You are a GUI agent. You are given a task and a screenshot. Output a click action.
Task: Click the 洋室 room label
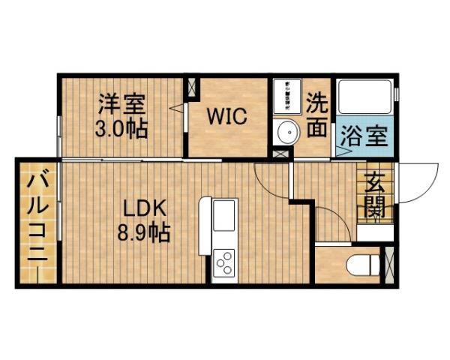[121, 103]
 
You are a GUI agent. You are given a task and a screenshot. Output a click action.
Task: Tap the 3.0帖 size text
[121, 127]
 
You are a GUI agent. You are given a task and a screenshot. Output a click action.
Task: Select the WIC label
[227, 117]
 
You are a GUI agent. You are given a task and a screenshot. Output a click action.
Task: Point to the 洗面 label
[318, 114]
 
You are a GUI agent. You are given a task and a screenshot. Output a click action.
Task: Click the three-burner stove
[225, 262]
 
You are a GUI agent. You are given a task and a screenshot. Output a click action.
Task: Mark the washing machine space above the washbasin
[286, 95]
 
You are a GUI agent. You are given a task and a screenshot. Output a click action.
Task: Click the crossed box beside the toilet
[388, 263]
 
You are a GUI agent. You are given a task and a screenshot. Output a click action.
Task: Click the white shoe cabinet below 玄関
[374, 232]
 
